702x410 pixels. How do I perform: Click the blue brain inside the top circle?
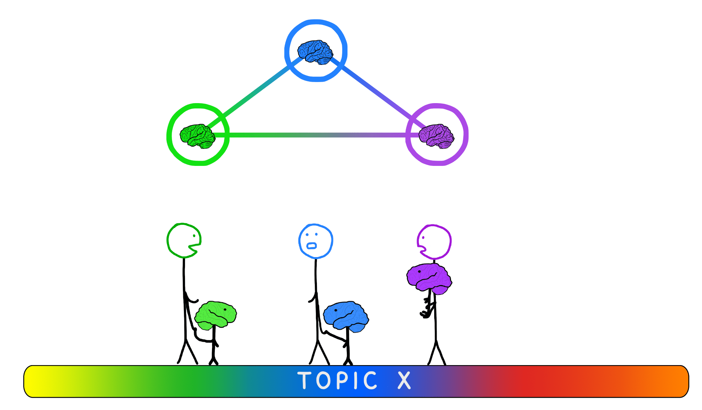pyautogui.click(x=315, y=52)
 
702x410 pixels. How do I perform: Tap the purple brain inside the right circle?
pyautogui.click(x=436, y=136)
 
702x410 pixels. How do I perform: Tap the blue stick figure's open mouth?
pyautogui.click(x=311, y=246)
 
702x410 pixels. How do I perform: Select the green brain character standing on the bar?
pyautogui.click(x=215, y=316)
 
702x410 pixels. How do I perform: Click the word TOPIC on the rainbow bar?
pyautogui.click(x=337, y=381)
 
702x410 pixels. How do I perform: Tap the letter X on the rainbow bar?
pyautogui.click(x=404, y=381)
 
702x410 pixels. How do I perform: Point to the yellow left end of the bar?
pyautogui.click(x=35, y=381)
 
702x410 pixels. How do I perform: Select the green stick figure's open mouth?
pyautogui.click(x=195, y=247)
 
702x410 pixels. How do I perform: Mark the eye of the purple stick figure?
pyautogui.click(x=423, y=238)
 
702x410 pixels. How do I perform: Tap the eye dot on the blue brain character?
pyautogui.click(x=336, y=310)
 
